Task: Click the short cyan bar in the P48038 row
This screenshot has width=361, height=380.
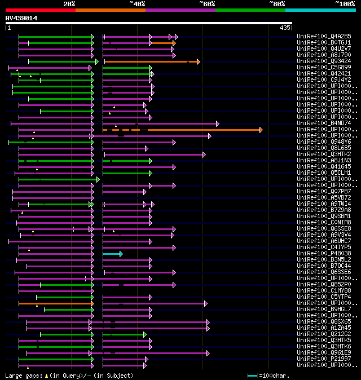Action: tap(112, 254)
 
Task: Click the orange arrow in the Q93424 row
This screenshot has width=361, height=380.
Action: tap(151, 61)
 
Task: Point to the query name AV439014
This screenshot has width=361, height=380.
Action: tap(21, 18)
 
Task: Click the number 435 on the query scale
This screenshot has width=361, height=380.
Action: tap(285, 27)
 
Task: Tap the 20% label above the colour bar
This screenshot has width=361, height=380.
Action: tap(69, 4)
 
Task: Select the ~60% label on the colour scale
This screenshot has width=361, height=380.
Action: tap(207, 4)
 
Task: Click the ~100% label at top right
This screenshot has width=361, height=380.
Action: tap(345, 4)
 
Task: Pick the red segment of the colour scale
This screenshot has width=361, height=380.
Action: tap(40, 10)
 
